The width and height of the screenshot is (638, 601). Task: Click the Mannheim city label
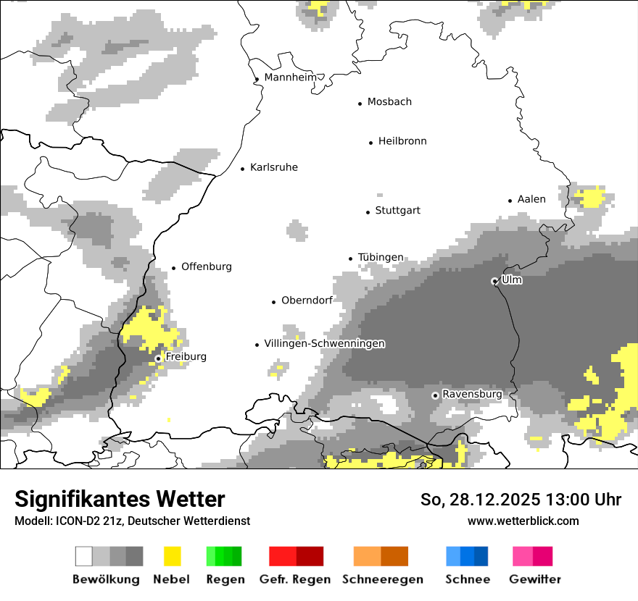(x=290, y=77)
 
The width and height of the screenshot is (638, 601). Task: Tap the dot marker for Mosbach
(x=360, y=104)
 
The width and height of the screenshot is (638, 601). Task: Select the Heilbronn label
(x=402, y=141)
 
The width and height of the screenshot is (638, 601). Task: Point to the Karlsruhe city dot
(x=243, y=169)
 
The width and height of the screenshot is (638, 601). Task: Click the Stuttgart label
(x=397, y=211)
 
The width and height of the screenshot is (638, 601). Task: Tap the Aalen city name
(x=531, y=199)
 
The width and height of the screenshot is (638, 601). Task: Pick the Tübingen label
(x=381, y=258)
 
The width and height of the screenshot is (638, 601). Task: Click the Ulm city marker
(x=494, y=281)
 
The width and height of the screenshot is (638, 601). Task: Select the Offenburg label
(x=206, y=266)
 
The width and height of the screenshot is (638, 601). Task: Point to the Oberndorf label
(x=307, y=300)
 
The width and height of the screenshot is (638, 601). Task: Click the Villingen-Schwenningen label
(x=324, y=343)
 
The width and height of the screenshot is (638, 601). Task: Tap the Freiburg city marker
(x=158, y=358)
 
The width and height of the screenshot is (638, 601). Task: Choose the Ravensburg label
(x=472, y=394)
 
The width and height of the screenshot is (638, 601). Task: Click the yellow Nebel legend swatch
(x=172, y=556)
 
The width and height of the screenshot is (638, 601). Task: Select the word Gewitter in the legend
(x=535, y=579)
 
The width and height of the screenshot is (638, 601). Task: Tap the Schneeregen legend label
(x=383, y=579)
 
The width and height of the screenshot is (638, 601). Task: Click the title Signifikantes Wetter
(x=120, y=499)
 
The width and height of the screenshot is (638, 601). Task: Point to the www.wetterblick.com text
(x=523, y=521)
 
